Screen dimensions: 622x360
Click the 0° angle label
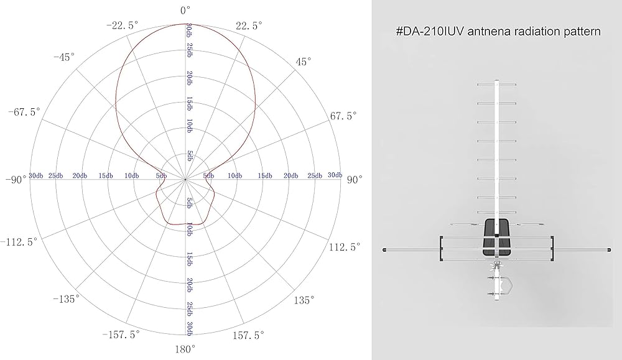(185, 11)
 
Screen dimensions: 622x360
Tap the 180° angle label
(185, 349)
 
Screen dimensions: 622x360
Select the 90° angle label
(355, 180)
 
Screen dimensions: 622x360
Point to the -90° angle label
(16, 180)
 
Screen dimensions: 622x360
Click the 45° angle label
(304, 62)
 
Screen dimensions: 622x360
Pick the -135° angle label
(67, 299)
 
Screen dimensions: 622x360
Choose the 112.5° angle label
(345, 247)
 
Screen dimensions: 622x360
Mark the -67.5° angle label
(24, 112)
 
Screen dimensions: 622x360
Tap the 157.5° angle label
(248, 335)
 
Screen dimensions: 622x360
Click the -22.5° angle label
(123, 25)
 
